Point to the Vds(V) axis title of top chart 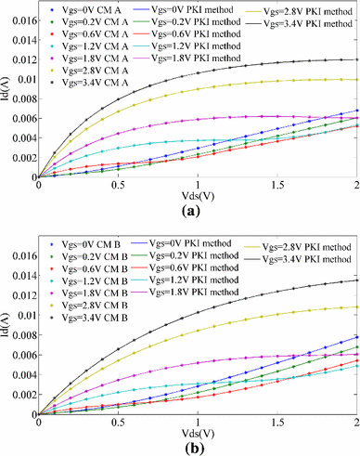[196, 193]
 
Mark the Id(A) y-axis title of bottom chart [7, 326]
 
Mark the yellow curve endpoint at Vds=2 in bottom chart [355, 307]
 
